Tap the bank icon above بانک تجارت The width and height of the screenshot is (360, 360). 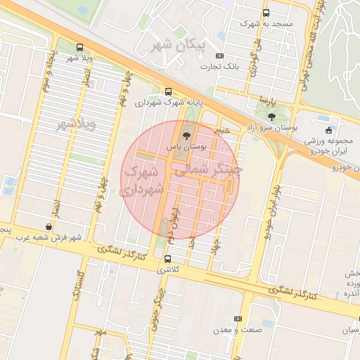click(220, 56)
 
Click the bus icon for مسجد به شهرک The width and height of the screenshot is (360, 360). click(265, 13)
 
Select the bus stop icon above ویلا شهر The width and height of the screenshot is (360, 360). click(79, 46)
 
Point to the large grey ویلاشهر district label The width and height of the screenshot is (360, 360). click(75, 125)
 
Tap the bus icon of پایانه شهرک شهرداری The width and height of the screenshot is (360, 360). click(168, 91)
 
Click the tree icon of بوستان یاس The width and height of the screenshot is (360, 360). click(186, 136)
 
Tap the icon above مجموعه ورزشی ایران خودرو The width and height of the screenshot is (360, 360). click(328, 130)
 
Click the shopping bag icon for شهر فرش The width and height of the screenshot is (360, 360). click(48, 226)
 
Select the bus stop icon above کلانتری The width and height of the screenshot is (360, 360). click(167, 259)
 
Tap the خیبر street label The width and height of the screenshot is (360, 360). click(222, 130)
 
